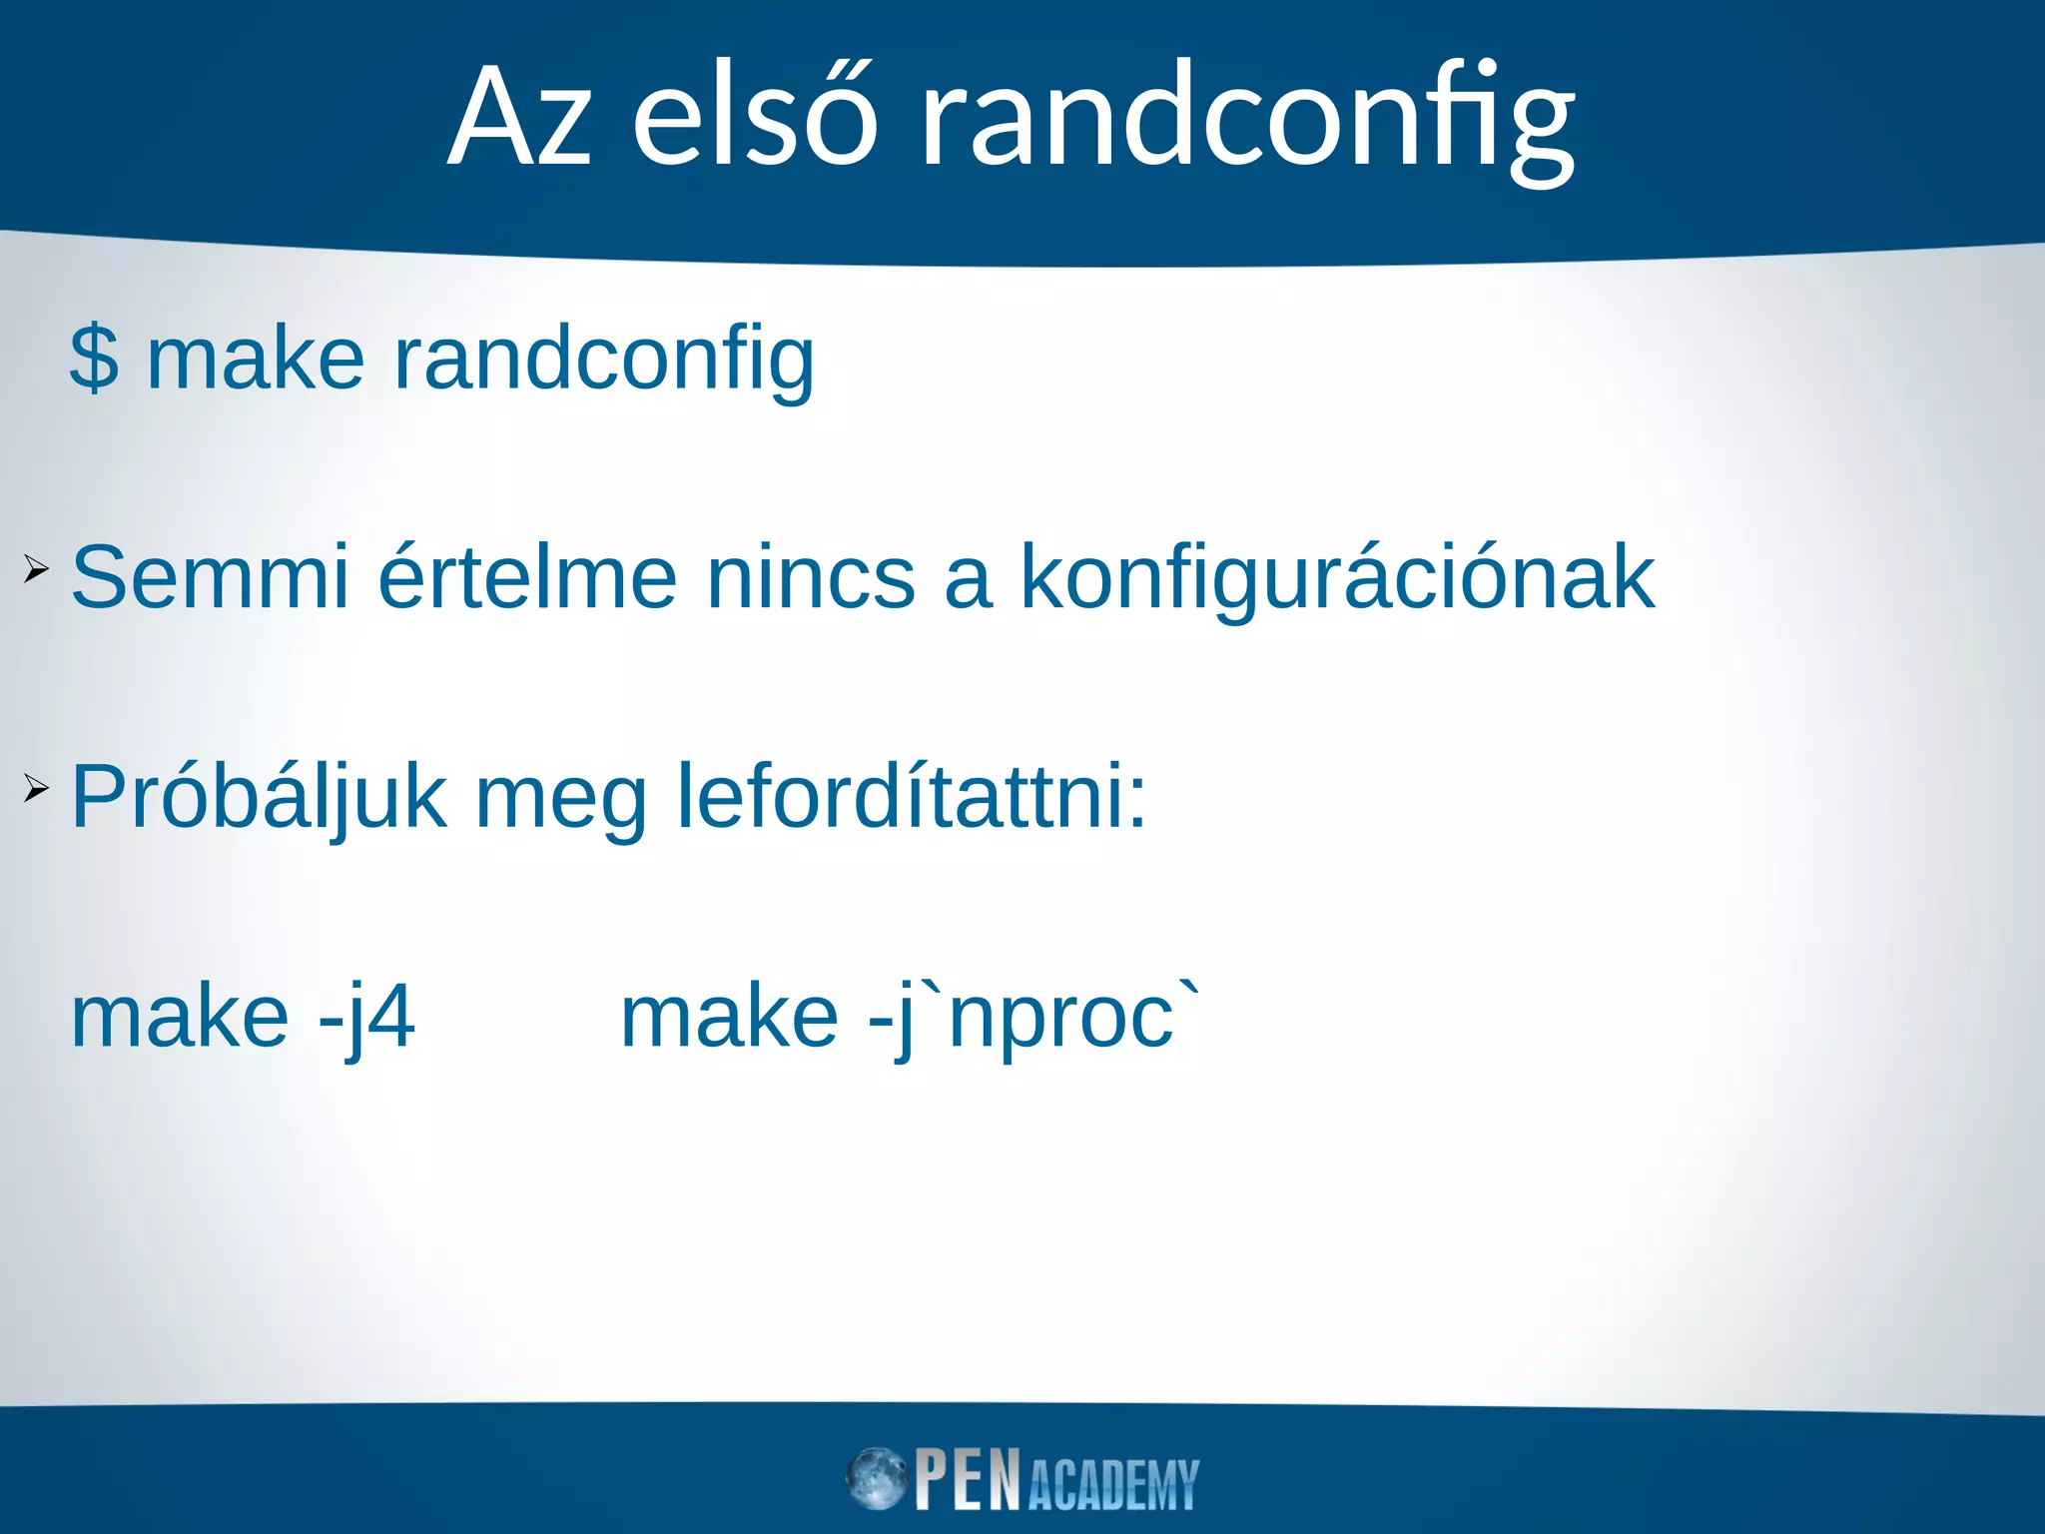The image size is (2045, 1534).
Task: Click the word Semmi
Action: pyautogui.click(x=211, y=577)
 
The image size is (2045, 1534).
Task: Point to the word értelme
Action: pyautogui.click(x=528, y=577)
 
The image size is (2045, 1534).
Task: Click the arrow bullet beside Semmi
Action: pyautogui.click(x=36, y=571)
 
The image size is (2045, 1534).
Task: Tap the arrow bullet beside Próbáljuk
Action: pyautogui.click(x=36, y=790)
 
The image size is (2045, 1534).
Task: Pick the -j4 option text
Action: pyautogui.click(x=365, y=1018)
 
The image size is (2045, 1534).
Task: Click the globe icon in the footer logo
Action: pyautogui.click(x=877, y=1479)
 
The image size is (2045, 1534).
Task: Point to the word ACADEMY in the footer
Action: pyautogui.click(x=1112, y=1485)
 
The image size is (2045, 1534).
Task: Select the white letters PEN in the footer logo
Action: pyautogui.click(x=968, y=1479)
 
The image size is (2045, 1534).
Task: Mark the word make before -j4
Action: pyautogui.click(x=181, y=1018)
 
